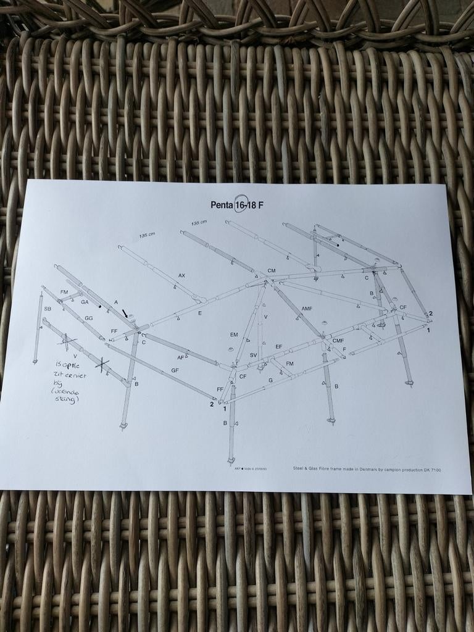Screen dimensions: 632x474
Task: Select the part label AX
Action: pos(181,275)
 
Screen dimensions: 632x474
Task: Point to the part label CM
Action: pos(271,271)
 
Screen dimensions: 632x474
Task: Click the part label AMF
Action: pos(307,309)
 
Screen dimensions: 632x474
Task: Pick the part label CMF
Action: pos(338,340)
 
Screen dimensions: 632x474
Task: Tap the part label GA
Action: pos(85,302)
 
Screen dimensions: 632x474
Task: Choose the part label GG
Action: pos(89,318)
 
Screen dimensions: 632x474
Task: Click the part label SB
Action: pos(48,309)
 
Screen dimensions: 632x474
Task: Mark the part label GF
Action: pos(175,370)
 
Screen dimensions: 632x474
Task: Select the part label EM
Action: pos(234,335)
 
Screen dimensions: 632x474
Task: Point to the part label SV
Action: pos(253,355)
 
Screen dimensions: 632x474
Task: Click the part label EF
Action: pos(279,347)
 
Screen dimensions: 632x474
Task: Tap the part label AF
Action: pos(180,357)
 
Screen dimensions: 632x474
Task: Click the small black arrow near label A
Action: pos(125,314)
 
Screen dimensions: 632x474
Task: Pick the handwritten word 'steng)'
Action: pos(67,400)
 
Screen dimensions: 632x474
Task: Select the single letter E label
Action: pos(200,314)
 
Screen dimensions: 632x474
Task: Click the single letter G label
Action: pos(270,380)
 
